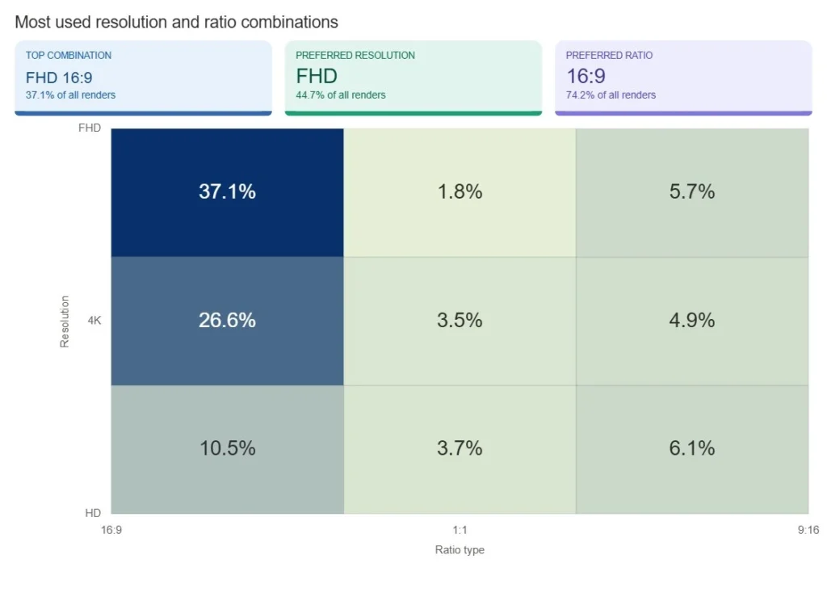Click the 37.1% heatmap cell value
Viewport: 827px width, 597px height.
(227, 192)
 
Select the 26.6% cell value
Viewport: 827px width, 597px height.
(227, 321)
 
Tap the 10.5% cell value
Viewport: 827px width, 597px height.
(227, 448)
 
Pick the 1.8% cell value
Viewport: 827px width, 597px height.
(460, 192)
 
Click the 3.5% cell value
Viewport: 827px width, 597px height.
(460, 321)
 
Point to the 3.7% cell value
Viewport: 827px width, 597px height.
(460, 448)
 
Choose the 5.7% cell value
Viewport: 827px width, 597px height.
(692, 192)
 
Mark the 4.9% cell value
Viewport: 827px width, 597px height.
(692, 321)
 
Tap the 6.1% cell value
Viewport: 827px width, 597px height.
(692, 448)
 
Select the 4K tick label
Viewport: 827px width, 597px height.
(94, 321)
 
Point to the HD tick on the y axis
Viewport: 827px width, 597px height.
(93, 513)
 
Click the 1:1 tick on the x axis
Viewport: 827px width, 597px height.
(460, 531)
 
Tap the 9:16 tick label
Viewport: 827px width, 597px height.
(808, 531)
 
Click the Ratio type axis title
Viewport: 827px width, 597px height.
(460, 550)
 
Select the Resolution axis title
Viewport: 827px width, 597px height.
(65, 321)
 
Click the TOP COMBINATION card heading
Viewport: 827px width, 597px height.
(69, 56)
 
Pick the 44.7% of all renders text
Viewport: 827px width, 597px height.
(340, 95)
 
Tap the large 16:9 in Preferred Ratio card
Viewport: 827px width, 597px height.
(586, 77)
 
